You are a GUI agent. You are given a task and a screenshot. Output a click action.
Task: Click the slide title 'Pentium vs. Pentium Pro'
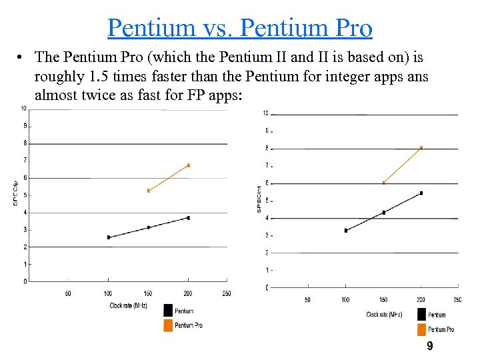click(239, 27)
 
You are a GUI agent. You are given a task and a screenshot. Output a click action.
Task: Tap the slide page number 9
click(429, 346)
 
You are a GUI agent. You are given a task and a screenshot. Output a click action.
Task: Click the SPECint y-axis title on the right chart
click(259, 199)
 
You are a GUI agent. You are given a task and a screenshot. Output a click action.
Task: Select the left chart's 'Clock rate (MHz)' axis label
click(129, 305)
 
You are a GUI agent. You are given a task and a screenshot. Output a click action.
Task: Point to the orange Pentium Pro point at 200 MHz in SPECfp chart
click(189, 165)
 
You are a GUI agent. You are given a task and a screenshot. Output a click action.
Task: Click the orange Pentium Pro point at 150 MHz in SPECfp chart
click(149, 191)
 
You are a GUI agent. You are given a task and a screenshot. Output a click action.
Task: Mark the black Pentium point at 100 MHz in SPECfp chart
click(109, 237)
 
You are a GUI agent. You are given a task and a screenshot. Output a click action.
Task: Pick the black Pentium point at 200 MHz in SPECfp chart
click(189, 218)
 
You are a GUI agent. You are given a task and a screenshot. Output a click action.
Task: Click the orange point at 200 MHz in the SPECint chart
click(421, 147)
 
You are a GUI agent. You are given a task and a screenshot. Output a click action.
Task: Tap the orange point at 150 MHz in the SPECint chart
click(383, 183)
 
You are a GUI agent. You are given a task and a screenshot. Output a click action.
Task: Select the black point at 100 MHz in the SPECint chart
click(345, 231)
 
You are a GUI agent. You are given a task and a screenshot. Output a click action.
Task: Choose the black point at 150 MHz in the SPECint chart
click(383, 213)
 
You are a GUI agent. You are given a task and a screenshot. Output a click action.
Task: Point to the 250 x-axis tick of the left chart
click(227, 293)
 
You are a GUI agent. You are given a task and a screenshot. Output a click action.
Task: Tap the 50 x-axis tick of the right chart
click(307, 300)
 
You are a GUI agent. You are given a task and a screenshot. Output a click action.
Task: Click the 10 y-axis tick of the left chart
click(23, 108)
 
